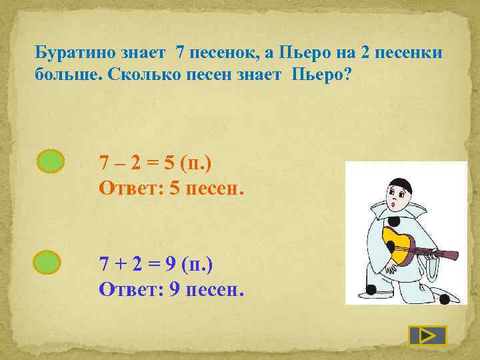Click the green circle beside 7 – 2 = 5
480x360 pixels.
pyautogui.click(x=50, y=161)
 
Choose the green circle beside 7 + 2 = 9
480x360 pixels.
pyautogui.click(x=47, y=261)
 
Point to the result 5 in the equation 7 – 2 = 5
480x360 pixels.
pyautogui.click(x=175, y=163)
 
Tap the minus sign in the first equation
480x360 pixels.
pyautogui.click(x=123, y=163)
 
